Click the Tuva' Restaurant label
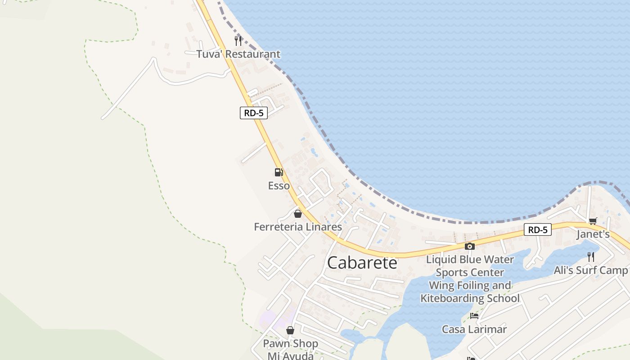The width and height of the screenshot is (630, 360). tap(238, 54)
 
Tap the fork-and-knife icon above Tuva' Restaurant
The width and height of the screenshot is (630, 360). tap(238, 41)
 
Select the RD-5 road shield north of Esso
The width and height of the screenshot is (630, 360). tap(253, 113)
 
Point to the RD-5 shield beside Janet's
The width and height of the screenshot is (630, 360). tap(537, 230)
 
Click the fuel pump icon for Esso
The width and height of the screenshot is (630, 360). tap(279, 172)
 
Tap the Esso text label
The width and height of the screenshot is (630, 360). tap(279, 186)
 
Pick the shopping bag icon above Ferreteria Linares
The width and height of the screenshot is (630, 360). tap(297, 213)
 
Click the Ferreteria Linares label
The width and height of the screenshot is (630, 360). tap(298, 227)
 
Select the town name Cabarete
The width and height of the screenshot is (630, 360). tap(362, 263)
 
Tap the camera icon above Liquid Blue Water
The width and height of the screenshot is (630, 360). tap(469, 246)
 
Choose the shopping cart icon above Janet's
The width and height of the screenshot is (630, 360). tap(593, 221)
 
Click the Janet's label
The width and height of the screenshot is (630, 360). tap(593, 234)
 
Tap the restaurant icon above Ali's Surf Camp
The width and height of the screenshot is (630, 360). tap(591, 256)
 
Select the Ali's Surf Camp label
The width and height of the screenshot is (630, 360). tap(590, 270)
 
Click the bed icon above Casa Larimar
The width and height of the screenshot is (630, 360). tap(474, 315)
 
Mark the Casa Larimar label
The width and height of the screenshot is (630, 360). tap(474, 329)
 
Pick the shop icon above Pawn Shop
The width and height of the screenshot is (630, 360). tap(290, 330)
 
